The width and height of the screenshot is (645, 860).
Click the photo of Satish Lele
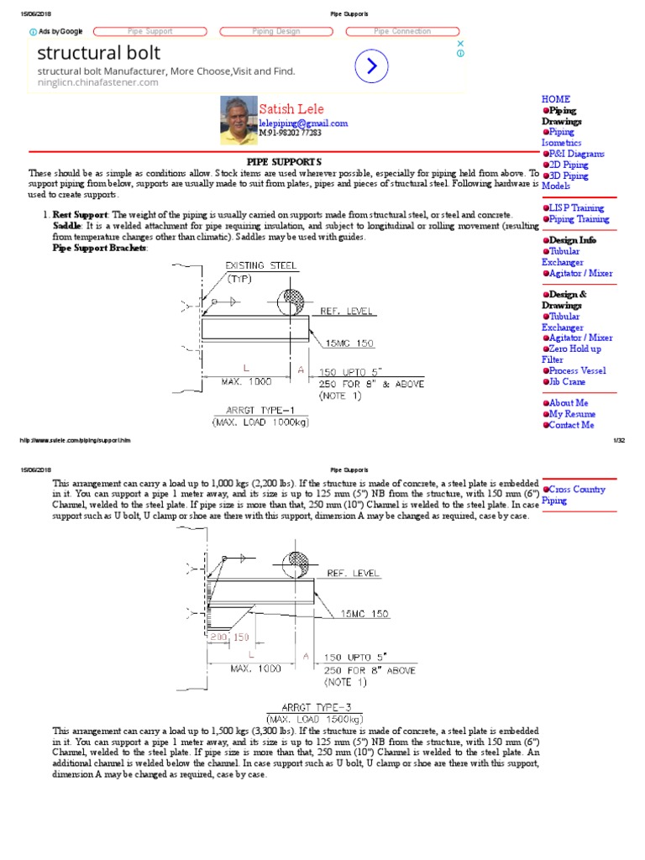point(239,119)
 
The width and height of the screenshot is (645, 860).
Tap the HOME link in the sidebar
point(556,99)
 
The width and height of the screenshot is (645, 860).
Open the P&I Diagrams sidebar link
point(574,154)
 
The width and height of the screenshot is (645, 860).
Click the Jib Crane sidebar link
point(567,381)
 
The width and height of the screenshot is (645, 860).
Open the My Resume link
point(572,414)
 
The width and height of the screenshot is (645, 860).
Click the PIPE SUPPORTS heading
point(283,160)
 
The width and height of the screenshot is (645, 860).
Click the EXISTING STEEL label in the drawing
point(261,266)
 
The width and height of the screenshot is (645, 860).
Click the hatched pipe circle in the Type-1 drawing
point(294,300)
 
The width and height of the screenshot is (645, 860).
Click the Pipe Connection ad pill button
point(402,31)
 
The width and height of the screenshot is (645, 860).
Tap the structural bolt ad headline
point(99,54)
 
